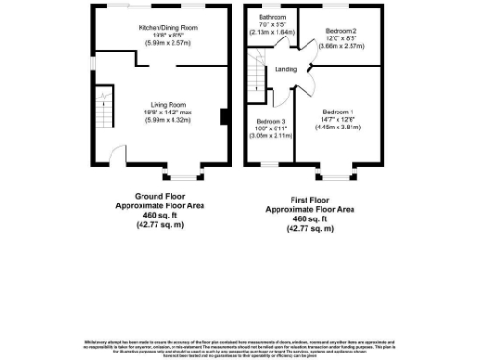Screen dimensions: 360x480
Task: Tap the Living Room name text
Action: pyautogui.click(x=164, y=105)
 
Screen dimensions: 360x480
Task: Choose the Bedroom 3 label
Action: pyautogui.click(x=271, y=121)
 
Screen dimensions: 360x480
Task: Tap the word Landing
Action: pyautogui.click(x=287, y=69)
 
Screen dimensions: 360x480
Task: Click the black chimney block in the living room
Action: pyautogui.click(x=223, y=117)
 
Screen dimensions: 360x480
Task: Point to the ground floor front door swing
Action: pyautogui.click(x=116, y=156)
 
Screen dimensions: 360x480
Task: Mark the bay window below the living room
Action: pyautogui.click(x=180, y=172)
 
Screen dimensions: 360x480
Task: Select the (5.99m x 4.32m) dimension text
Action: pyautogui.click(x=164, y=120)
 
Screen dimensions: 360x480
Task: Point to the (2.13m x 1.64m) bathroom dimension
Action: pyautogui.click(x=273, y=33)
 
